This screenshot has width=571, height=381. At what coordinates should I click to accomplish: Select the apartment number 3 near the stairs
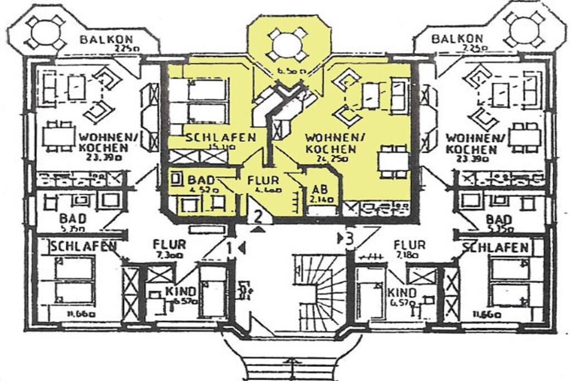(349, 239)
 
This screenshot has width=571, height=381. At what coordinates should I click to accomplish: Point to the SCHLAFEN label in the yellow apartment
(221, 138)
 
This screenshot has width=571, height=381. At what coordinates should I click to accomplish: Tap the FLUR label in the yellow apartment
(259, 180)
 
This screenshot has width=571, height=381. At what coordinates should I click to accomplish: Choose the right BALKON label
(457, 38)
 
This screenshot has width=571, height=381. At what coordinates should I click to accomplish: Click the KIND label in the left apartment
(181, 291)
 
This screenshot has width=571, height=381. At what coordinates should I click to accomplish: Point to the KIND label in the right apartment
(403, 293)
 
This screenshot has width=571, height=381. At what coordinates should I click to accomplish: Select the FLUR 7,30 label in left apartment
(170, 244)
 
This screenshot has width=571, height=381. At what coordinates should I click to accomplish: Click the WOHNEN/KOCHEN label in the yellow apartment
(331, 143)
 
